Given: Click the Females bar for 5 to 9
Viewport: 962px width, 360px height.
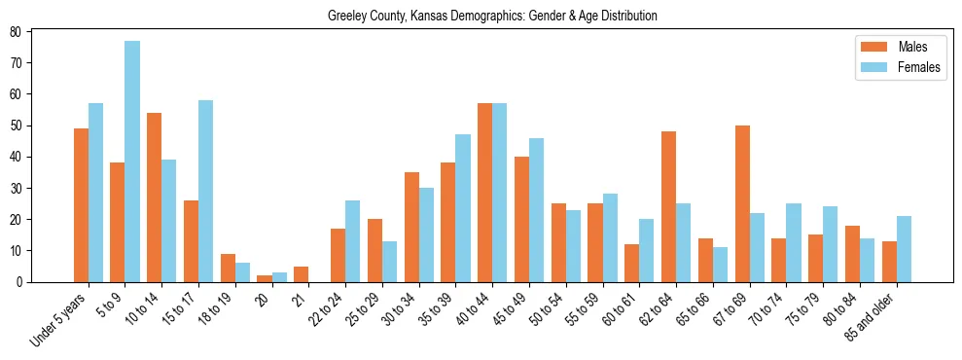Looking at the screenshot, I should tap(132, 162).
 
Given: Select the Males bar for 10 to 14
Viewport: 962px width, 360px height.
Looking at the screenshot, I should tap(154, 198).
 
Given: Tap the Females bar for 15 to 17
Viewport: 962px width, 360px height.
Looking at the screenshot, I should tap(205, 191).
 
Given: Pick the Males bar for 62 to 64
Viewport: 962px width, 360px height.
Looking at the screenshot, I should tap(668, 206).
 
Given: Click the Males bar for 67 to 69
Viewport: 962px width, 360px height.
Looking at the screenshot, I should tap(742, 203).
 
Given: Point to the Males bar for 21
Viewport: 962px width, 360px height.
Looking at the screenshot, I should tap(301, 274).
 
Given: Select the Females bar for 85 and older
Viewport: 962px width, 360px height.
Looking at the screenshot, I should tap(904, 249).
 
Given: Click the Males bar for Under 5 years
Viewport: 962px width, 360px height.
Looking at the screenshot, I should tap(81, 205).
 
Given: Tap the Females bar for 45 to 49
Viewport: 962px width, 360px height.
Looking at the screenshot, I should tap(536, 210).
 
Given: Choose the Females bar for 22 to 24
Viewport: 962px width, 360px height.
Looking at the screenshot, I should tap(352, 241).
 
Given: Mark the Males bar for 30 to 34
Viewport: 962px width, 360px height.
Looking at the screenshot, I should tap(411, 227).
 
